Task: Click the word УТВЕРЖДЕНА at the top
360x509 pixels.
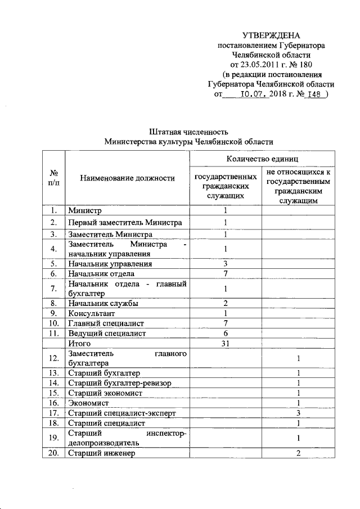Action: (x=271, y=35)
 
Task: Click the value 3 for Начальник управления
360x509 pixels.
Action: (x=224, y=263)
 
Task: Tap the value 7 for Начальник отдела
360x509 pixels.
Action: (x=224, y=273)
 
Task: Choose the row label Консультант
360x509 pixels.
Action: (x=91, y=313)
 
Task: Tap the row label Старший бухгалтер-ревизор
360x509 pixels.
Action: (x=119, y=383)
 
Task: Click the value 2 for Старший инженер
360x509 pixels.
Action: (x=299, y=453)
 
